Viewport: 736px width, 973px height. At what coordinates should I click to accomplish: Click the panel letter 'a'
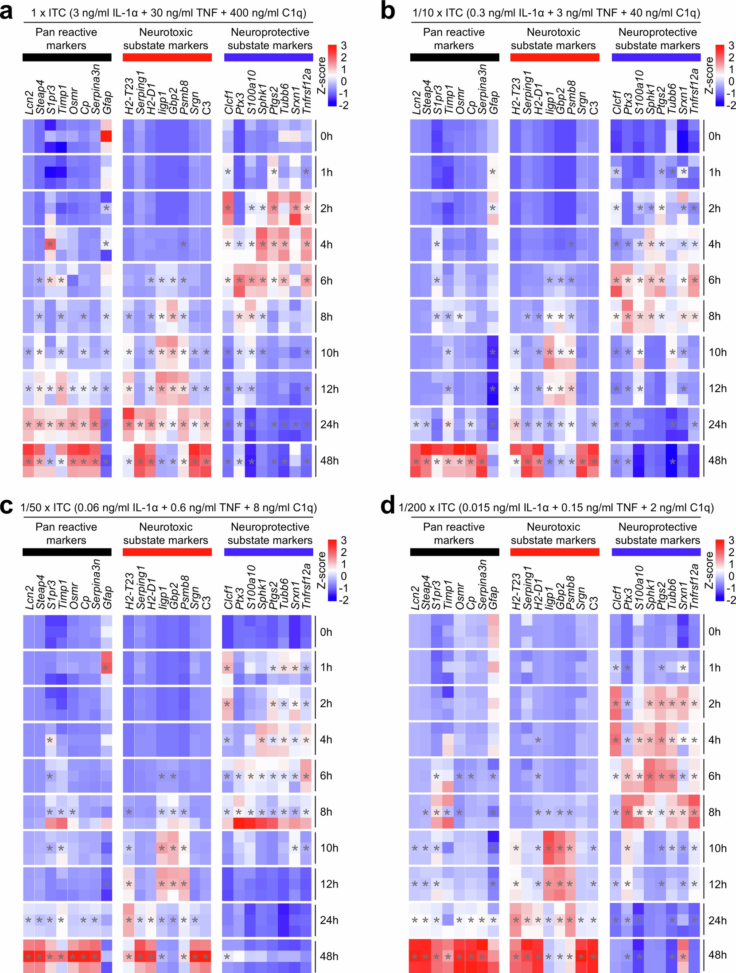pyautogui.click(x=6, y=12)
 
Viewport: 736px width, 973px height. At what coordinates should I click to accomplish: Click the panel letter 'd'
pyautogui.click(x=387, y=506)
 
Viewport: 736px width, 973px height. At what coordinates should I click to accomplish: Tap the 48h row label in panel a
pyautogui.click(x=329, y=461)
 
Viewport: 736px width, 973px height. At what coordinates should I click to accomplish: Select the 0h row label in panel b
pyautogui.click(x=714, y=136)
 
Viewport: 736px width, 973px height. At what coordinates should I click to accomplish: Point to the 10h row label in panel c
pyautogui.click(x=329, y=848)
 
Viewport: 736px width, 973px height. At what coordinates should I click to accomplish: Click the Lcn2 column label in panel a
pyautogui.click(x=30, y=102)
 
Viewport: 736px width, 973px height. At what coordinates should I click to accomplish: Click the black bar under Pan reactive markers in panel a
pyautogui.click(x=67, y=57)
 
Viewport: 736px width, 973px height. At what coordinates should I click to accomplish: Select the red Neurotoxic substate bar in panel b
pyautogui.click(x=554, y=57)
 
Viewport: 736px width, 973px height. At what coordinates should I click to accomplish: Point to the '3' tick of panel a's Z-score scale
pyautogui.click(x=343, y=46)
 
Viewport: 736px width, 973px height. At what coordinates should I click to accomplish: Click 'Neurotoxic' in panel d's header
pyautogui.click(x=553, y=527)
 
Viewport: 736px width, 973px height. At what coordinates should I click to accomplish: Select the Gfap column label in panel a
pyautogui.click(x=107, y=101)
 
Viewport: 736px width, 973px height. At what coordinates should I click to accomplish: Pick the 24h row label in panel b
pyautogui.click(x=717, y=424)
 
